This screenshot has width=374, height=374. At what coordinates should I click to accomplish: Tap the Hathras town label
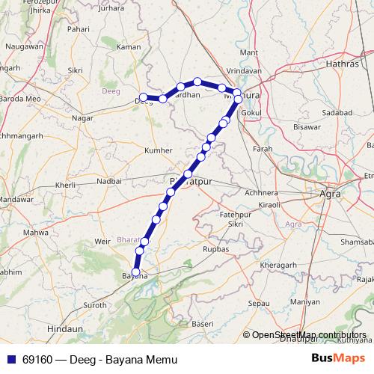pyautogui.click(x=343, y=64)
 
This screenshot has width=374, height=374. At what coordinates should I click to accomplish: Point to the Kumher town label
pyautogui.click(x=157, y=150)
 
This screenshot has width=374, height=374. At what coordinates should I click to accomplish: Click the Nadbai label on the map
pyautogui.click(x=108, y=180)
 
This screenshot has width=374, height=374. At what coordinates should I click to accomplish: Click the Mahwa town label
pyautogui.click(x=36, y=233)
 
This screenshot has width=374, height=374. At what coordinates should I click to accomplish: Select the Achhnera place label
pyautogui.click(x=261, y=192)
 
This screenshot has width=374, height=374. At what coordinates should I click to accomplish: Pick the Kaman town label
pyautogui.click(x=129, y=47)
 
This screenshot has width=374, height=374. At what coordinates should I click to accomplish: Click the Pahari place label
pyautogui.click(x=79, y=28)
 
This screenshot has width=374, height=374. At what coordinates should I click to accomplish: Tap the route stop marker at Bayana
pyautogui.click(x=135, y=272)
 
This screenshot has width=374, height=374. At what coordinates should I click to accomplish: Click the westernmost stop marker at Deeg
pyautogui.click(x=143, y=97)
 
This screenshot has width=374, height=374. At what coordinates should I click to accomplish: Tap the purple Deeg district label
pyautogui.click(x=110, y=90)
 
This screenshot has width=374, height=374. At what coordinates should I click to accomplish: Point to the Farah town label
pyautogui.click(x=262, y=149)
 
